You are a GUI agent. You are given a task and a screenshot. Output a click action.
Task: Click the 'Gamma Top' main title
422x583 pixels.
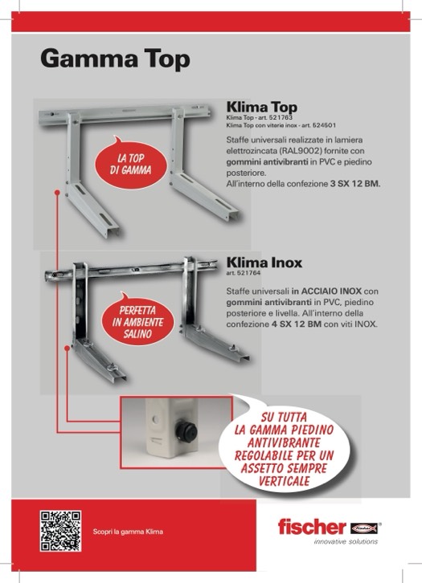(x=116, y=59)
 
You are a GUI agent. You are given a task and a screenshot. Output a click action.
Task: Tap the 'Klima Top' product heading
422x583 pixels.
(x=262, y=107)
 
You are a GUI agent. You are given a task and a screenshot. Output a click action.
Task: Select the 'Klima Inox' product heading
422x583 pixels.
(x=264, y=263)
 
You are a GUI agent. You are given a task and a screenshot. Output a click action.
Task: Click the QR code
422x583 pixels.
(x=60, y=531)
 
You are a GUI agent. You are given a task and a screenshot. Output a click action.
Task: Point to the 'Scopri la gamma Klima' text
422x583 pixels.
(x=128, y=532)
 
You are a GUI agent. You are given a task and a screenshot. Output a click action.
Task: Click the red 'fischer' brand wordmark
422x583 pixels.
(x=312, y=527)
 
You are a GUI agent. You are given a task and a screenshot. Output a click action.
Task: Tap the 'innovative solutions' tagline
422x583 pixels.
(x=346, y=541)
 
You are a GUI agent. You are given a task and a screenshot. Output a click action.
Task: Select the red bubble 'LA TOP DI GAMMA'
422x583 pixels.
(x=130, y=164)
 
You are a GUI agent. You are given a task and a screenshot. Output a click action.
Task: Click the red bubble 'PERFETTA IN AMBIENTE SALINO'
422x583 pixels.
(x=137, y=320)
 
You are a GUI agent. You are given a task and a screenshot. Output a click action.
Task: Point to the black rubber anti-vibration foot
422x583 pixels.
(x=186, y=432)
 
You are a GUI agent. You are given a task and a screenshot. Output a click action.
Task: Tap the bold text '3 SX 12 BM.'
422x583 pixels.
(x=355, y=184)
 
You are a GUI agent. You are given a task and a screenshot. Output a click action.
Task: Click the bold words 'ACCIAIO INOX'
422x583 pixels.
(x=331, y=291)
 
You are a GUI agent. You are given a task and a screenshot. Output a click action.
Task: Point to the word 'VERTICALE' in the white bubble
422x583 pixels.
(x=285, y=481)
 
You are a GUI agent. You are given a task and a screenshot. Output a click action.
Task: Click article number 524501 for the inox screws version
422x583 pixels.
(x=324, y=125)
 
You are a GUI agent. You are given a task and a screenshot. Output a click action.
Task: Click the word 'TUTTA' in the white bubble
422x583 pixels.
(x=294, y=417)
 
